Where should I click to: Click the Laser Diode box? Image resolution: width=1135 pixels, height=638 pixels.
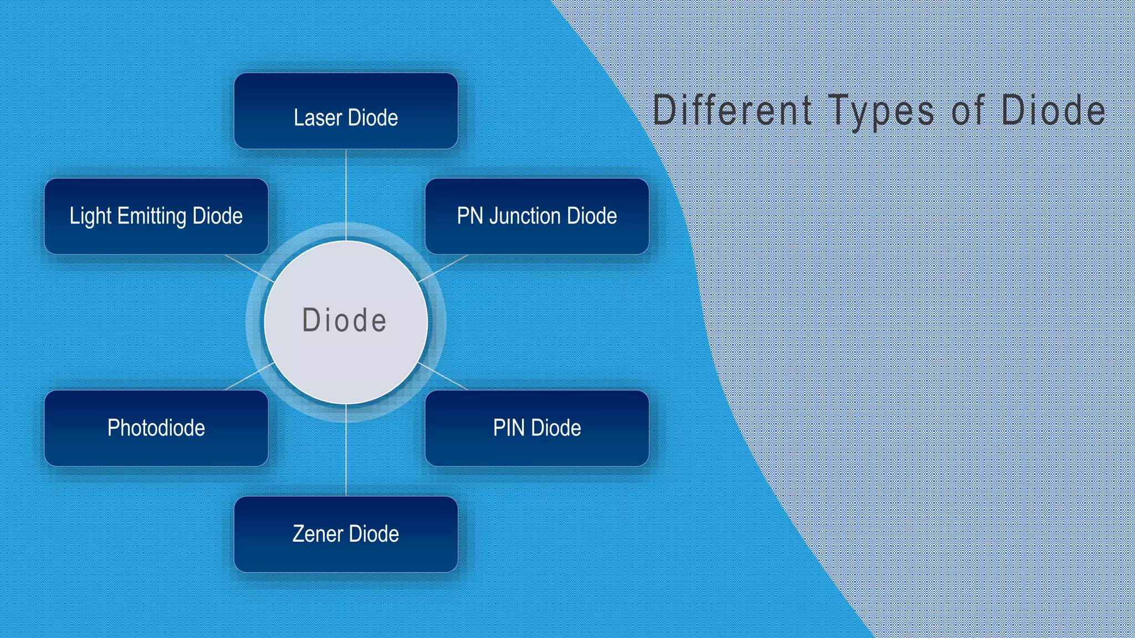pos(346,111)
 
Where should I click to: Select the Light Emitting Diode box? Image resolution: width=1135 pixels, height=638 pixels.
pos(156,216)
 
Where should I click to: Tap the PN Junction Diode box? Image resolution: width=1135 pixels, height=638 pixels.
pos(536,216)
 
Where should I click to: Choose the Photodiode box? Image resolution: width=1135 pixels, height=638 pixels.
pos(156,428)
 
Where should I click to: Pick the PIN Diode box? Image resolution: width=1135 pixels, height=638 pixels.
pos(536,428)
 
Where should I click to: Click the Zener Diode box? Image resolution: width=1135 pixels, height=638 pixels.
pos(346,534)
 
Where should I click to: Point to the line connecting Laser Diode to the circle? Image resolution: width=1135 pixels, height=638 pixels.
pos(346,194)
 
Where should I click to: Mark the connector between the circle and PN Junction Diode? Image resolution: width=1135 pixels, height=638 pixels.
pos(443,268)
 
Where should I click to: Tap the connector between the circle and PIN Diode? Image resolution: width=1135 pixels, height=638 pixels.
pos(443,377)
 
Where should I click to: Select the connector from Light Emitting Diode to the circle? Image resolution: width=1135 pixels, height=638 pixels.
pos(249,268)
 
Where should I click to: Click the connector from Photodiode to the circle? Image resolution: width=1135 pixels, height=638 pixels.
pos(249,377)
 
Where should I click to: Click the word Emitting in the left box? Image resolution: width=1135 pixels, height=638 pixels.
pos(152,216)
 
